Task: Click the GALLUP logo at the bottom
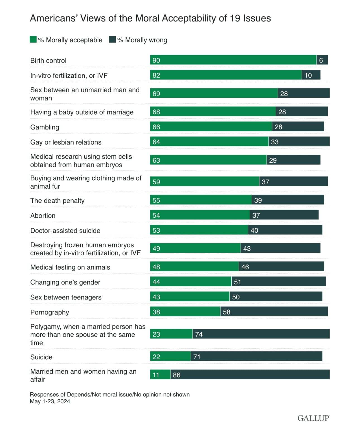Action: pyautogui.click(x=313, y=418)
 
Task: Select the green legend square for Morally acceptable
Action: pyautogui.click(x=33, y=39)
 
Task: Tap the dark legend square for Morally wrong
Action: pyautogui.click(x=112, y=39)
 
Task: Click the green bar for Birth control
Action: pyautogui.click(x=233, y=60)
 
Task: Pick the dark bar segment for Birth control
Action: pyautogui.click(x=322, y=60)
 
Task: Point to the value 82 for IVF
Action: pyautogui.click(x=156, y=75)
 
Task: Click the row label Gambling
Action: pyautogui.click(x=45, y=127)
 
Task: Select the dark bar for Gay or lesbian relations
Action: pyautogui.click(x=299, y=142)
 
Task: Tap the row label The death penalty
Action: pyautogui.click(x=57, y=201)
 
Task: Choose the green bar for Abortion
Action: pyautogui.click(x=200, y=215)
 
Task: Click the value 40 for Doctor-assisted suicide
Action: pyautogui.click(x=254, y=230)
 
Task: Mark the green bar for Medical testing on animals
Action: pyautogui.click(x=194, y=267)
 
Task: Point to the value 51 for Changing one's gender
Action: pyautogui.click(x=237, y=282)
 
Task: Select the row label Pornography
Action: pyautogui.click(x=50, y=312)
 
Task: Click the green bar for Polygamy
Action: pyautogui.click(x=171, y=334)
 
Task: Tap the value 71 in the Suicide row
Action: pyautogui.click(x=197, y=357)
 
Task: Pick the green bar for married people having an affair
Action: pyautogui.click(x=160, y=375)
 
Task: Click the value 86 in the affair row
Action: pyautogui.click(x=177, y=375)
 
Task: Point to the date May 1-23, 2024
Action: pyautogui.click(x=50, y=401)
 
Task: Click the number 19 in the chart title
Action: pyautogui.click(x=236, y=18)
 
